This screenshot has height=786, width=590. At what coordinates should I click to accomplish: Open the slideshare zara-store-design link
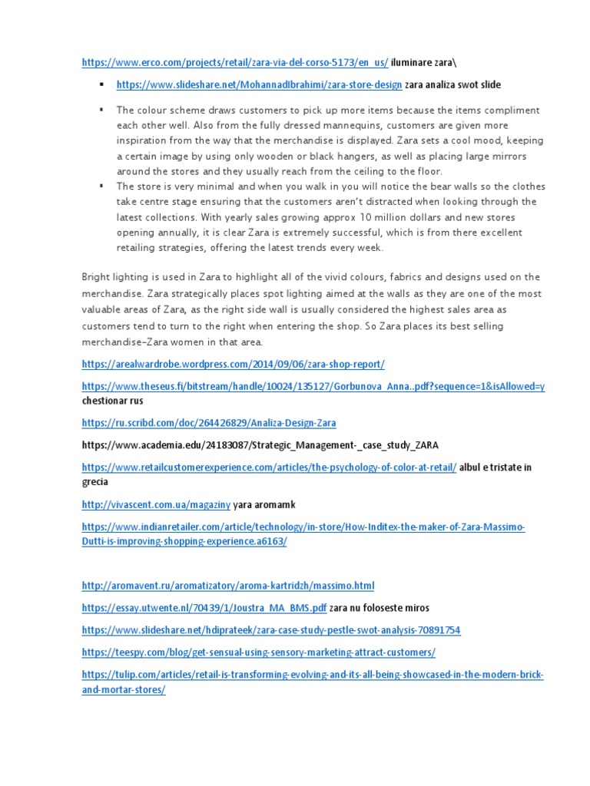point(259,84)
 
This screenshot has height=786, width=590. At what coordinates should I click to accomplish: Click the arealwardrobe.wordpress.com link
point(233,363)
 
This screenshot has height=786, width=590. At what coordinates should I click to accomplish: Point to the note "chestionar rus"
point(112,401)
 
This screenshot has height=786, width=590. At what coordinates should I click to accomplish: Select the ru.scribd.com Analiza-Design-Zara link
point(208,423)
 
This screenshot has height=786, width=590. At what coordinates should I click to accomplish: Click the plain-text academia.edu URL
point(260,444)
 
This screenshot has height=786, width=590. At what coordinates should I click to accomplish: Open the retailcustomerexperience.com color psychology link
point(269,467)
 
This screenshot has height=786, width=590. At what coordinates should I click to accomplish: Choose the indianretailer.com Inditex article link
point(303,527)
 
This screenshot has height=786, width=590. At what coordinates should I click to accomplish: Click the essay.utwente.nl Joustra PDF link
point(204,608)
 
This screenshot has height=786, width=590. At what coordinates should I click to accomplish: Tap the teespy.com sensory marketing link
point(258,652)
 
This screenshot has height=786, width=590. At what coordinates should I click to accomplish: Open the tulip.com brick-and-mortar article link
point(312,675)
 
